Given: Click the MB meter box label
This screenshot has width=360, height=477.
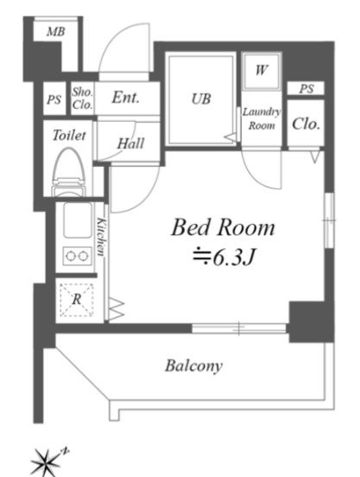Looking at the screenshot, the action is (55, 32).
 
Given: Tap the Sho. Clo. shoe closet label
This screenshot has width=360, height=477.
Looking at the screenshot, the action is (82, 99).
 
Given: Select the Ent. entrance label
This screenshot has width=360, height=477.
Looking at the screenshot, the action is (125, 98).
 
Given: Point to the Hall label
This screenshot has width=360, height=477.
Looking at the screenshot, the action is (130, 143).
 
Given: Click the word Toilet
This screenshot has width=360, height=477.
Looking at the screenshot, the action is (69, 135).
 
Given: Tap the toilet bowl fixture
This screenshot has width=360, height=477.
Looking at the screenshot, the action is (68, 172).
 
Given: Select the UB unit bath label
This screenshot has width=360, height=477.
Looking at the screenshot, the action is (201, 99).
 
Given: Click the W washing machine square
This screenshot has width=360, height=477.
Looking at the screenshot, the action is (261, 71).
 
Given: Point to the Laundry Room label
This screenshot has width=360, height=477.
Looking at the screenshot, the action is (262, 118).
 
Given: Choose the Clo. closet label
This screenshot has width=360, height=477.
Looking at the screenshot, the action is (306, 124).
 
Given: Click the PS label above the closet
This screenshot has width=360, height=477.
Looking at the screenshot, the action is (306, 88).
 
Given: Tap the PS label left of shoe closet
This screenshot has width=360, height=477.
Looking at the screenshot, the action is (54, 99).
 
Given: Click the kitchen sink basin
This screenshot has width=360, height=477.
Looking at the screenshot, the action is (78, 220).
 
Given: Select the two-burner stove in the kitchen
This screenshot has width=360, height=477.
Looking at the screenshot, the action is (78, 256).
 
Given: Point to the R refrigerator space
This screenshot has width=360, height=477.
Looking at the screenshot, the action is (77, 300).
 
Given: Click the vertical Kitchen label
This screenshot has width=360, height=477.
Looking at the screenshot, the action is (102, 237).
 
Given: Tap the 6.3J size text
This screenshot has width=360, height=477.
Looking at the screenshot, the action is (224, 258).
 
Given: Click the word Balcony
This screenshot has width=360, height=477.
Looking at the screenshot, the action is (194, 366).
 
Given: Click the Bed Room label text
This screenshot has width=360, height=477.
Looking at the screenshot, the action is (224, 227).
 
